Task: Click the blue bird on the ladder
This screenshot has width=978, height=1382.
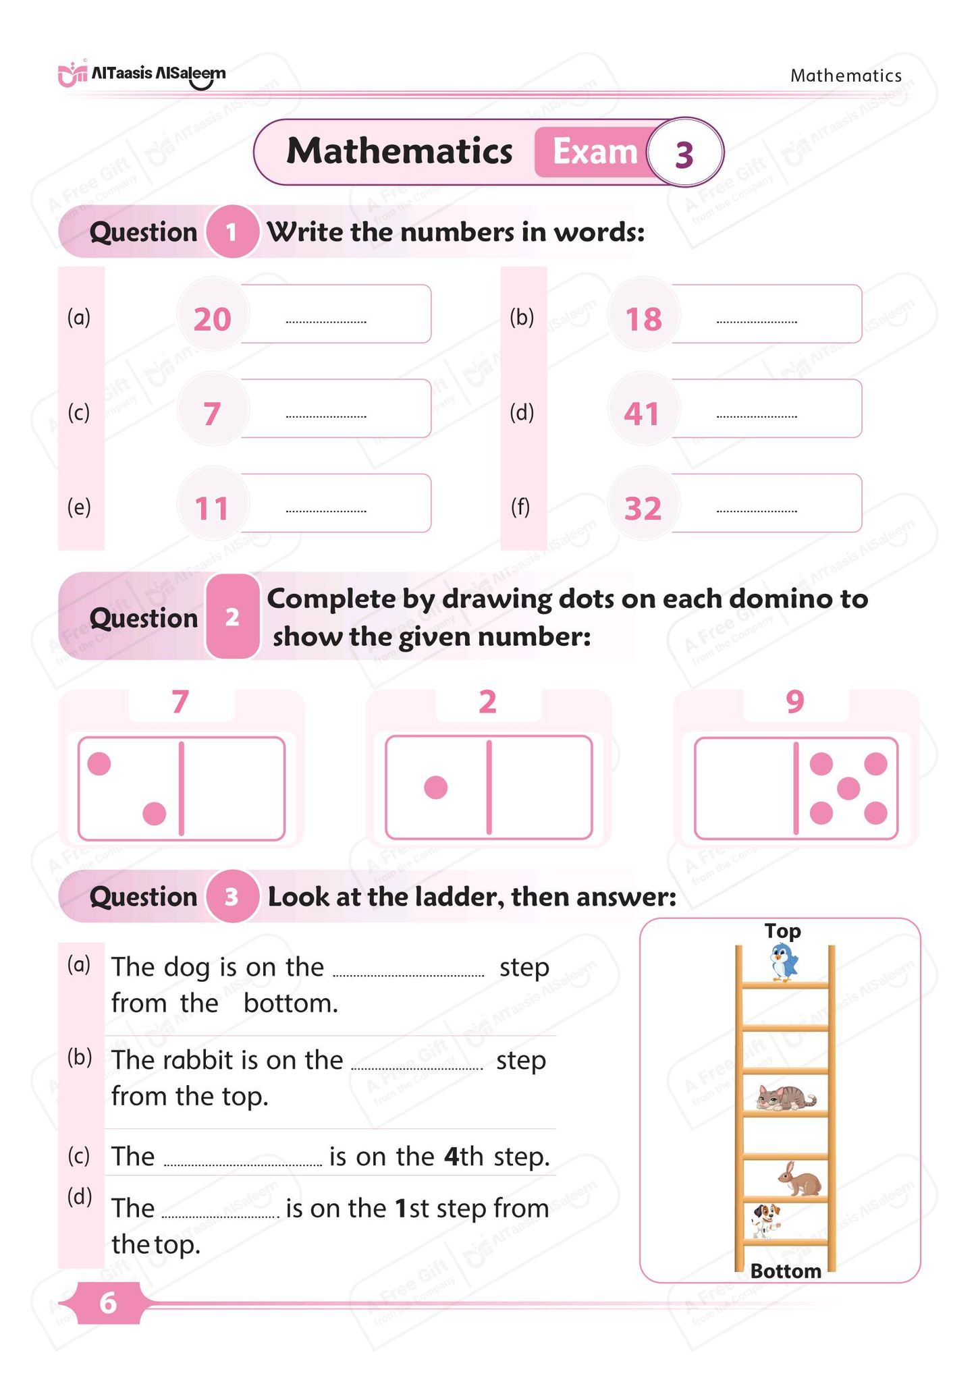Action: point(784,962)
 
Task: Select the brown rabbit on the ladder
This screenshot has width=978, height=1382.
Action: point(800,1179)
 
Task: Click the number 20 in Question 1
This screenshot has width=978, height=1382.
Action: point(213,319)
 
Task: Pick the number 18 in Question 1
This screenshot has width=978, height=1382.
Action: point(643,319)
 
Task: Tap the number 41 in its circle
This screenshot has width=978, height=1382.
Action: point(642,414)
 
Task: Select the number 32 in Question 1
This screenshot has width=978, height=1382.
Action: point(643,508)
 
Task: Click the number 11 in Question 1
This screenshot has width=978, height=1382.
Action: point(213,508)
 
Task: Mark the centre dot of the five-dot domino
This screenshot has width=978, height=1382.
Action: point(848,788)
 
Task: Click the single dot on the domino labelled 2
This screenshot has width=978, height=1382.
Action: point(436,787)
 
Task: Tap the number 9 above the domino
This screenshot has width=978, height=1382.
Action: point(795,702)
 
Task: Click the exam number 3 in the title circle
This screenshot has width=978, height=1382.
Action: point(684,154)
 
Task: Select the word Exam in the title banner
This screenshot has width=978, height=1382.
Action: point(595,153)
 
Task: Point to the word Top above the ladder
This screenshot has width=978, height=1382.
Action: point(783,931)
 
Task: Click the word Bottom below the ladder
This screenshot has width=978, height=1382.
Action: point(786,1271)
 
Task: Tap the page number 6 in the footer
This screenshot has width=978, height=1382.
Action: point(108,1303)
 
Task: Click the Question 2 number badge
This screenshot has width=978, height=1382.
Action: point(232,617)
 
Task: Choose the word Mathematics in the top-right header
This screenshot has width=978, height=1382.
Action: point(846,76)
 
